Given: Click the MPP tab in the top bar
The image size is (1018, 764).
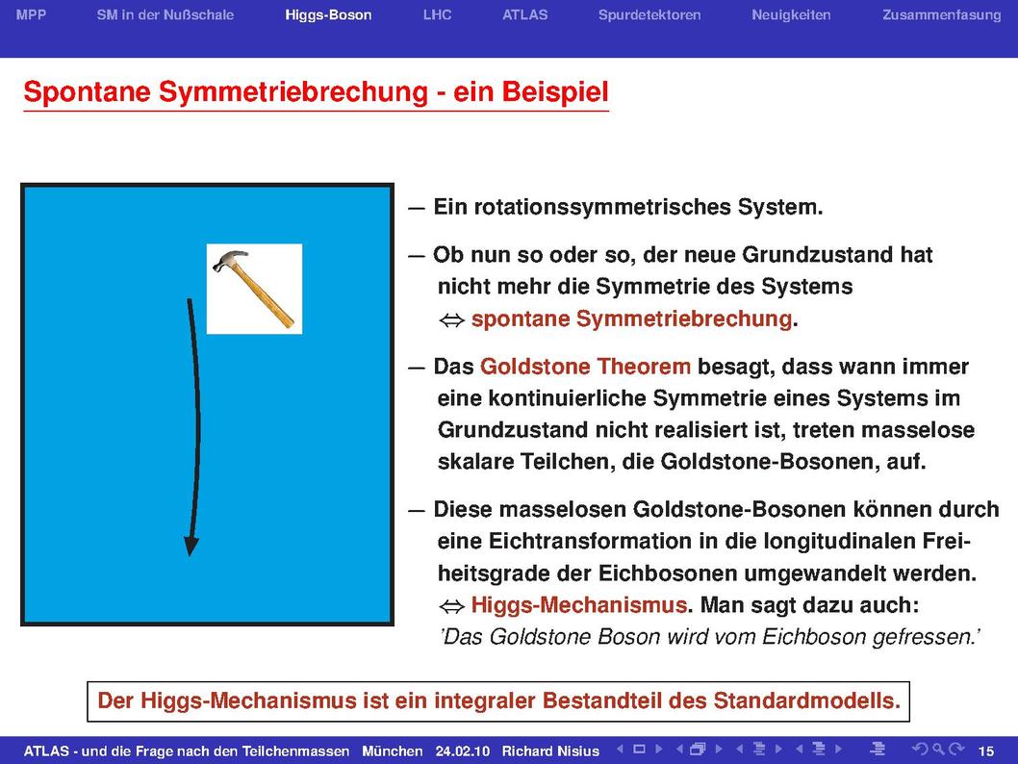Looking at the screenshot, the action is [x=31, y=14].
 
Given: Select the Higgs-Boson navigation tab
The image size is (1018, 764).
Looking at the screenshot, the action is [x=328, y=15].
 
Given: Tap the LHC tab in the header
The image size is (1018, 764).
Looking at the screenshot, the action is [x=437, y=14].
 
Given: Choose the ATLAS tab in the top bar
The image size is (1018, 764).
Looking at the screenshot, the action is [x=524, y=14].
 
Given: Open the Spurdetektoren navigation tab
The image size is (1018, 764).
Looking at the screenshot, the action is [x=649, y=15].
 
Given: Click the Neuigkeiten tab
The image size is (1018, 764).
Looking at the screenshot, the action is [x=791, y=15].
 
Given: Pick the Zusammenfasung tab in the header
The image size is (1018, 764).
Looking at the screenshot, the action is [x=941, y=15].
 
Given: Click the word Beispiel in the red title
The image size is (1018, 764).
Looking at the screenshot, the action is [x=555, y=91].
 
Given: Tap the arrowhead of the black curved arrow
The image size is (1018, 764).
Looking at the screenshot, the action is [x=191, y=546].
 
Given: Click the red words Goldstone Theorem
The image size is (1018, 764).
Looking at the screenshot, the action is [x=585, y=367].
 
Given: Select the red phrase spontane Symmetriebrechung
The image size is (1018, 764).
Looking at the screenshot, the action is [x=632, y=318].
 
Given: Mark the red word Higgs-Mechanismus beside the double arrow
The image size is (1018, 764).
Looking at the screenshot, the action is [x=579, y=605].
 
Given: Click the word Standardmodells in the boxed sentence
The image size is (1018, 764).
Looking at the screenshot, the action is [x=807, y=701].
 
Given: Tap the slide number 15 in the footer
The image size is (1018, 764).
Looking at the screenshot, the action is [x=985, y=751].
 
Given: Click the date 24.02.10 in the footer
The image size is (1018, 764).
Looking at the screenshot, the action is [x=462, y=751].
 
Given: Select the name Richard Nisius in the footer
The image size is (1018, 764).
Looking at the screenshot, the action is [x=550, y=751].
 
